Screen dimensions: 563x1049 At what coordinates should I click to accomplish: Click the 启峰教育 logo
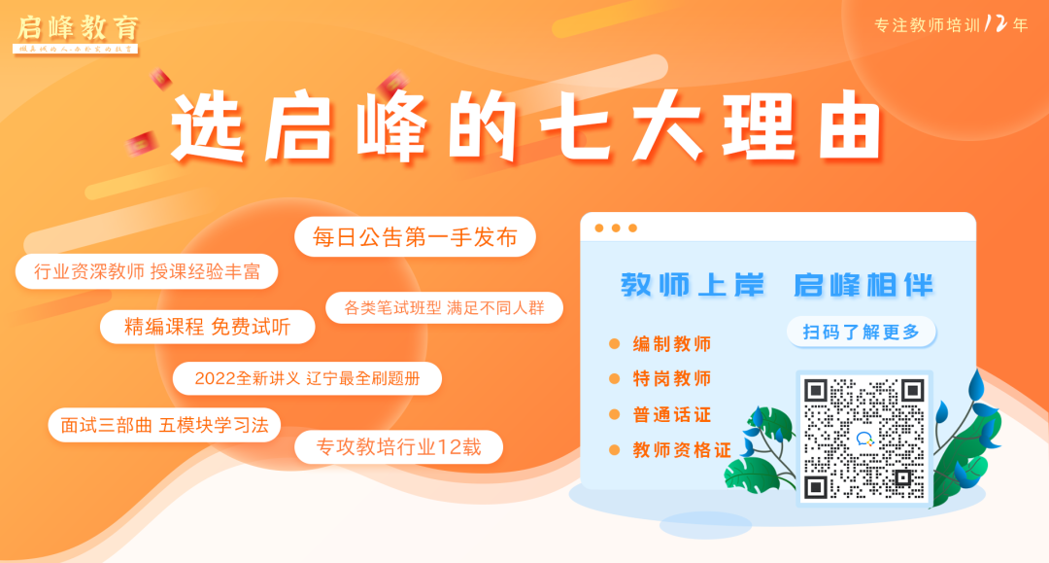78,29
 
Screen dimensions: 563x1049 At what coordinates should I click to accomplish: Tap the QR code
863,438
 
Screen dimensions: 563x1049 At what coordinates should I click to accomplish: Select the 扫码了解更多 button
861,332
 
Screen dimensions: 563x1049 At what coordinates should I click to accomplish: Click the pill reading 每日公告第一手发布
415,237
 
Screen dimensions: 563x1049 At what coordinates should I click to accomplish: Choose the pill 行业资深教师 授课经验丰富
147,271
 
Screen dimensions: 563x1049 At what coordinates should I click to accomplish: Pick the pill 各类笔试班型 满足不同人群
444,308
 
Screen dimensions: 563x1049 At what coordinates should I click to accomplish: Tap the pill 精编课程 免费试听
208,327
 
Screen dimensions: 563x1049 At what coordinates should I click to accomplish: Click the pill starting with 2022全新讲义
307,378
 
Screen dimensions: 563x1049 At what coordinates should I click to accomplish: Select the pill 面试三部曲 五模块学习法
164,425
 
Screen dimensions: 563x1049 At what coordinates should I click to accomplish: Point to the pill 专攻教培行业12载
399,446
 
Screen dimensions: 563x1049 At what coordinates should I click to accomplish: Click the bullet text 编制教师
672,344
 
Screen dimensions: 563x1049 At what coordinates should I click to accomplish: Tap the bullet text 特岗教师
672,378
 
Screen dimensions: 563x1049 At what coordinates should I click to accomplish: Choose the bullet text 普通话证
672,414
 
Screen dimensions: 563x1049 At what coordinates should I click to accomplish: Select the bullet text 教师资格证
682,450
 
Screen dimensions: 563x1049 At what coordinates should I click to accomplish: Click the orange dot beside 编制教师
614,344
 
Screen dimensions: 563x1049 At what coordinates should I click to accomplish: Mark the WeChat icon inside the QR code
864,439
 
